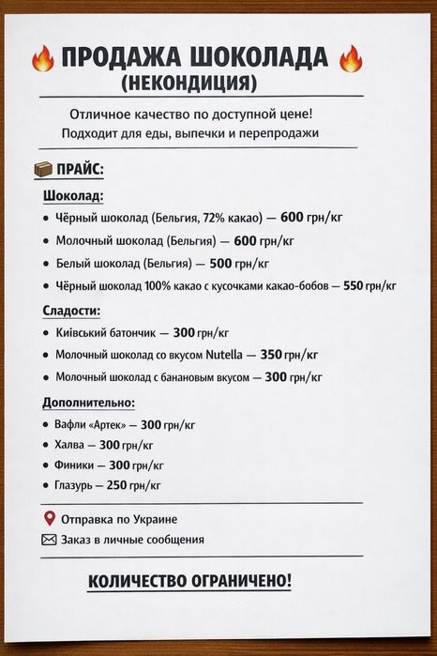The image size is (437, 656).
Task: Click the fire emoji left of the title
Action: click(43, 59)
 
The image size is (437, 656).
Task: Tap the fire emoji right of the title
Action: click(349, 59)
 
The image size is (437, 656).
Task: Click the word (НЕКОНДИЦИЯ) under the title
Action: click(188, 83)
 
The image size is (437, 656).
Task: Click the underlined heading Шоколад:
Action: click(73, 196)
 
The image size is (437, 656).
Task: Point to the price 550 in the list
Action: click(353, 285)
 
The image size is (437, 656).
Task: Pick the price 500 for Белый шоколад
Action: click(220, 263)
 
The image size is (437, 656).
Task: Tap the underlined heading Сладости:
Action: click(71, 310)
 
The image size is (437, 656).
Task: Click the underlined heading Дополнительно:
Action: click(89, 403)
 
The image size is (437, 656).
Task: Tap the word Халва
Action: click(72, 445)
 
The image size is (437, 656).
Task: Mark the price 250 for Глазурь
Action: click(116, 485)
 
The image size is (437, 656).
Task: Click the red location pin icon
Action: click(49, 518)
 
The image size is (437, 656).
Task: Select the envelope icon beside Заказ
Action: click(49, 540)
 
